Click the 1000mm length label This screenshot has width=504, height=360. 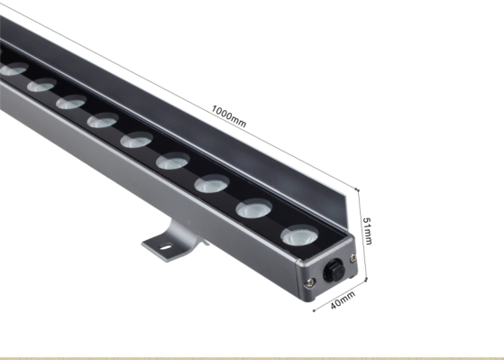(229, 116)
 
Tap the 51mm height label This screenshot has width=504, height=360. (367, 231)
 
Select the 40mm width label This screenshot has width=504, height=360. (343, 300)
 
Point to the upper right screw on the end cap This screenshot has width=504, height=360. (353, 257)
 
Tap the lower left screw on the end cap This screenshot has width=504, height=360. (309, 282)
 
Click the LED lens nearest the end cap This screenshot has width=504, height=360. (299, 235)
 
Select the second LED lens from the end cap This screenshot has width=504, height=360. (254, 208)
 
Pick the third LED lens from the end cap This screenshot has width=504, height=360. (212, 184)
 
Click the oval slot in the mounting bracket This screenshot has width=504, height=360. (166, 247)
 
